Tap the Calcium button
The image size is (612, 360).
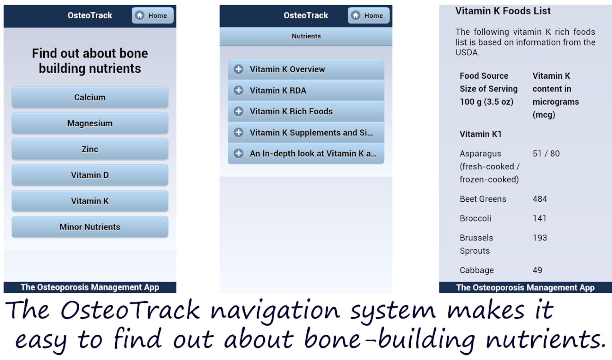(90, 98)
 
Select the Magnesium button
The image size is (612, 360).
(90, 124)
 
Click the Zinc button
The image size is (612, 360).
(90, 150)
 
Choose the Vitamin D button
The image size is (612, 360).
(90, 175)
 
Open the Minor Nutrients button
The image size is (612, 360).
(90, 227)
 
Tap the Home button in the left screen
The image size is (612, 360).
(152, 16)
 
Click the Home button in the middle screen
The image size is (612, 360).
(368, 16)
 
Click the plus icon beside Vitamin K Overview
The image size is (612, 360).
(238, 69)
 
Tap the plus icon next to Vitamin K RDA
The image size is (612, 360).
(238, 90)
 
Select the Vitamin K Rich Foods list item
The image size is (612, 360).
(306, 112)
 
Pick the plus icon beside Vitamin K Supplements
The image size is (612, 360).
(238, 132)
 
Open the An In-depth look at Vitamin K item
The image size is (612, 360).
(306, 154)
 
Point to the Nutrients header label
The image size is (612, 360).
(306, 36)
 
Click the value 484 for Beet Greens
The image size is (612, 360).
(540, 199)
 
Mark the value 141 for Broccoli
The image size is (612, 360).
(540, 218)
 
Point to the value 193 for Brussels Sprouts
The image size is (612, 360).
(540, 238)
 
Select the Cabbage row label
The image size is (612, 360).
(477, 270)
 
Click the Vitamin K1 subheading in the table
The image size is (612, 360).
(480, 134)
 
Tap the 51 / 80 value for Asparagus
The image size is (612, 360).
(546, 154)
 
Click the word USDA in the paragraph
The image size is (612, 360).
(467, 52)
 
